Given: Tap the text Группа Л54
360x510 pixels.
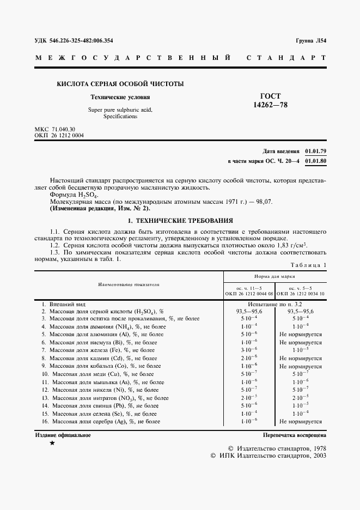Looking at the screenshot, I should click(x=310, y=40).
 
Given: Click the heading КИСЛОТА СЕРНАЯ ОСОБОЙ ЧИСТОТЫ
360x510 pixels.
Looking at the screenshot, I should click(x=120, y=84).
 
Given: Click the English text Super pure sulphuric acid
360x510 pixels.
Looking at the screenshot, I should click(x=120, y=110).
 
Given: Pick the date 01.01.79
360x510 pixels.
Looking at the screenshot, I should click(x=315, y=150).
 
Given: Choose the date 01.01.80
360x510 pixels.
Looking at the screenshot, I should click(x=315, y=161).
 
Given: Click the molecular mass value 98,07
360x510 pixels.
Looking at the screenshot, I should click(x=265, y=202).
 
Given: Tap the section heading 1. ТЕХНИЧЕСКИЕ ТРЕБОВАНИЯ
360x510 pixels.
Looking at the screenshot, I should click(x=180, y=221).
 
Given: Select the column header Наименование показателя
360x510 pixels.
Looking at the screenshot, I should click(x=129, y=284).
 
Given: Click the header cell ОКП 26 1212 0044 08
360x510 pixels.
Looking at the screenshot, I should click(x=249, y=294).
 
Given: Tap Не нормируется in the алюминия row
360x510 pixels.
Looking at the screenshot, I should click(x=300, y=335).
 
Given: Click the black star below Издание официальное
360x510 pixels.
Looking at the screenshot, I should click(x=52, y=444).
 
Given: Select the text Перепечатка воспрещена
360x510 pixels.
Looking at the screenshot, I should click(x=294, y=435).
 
